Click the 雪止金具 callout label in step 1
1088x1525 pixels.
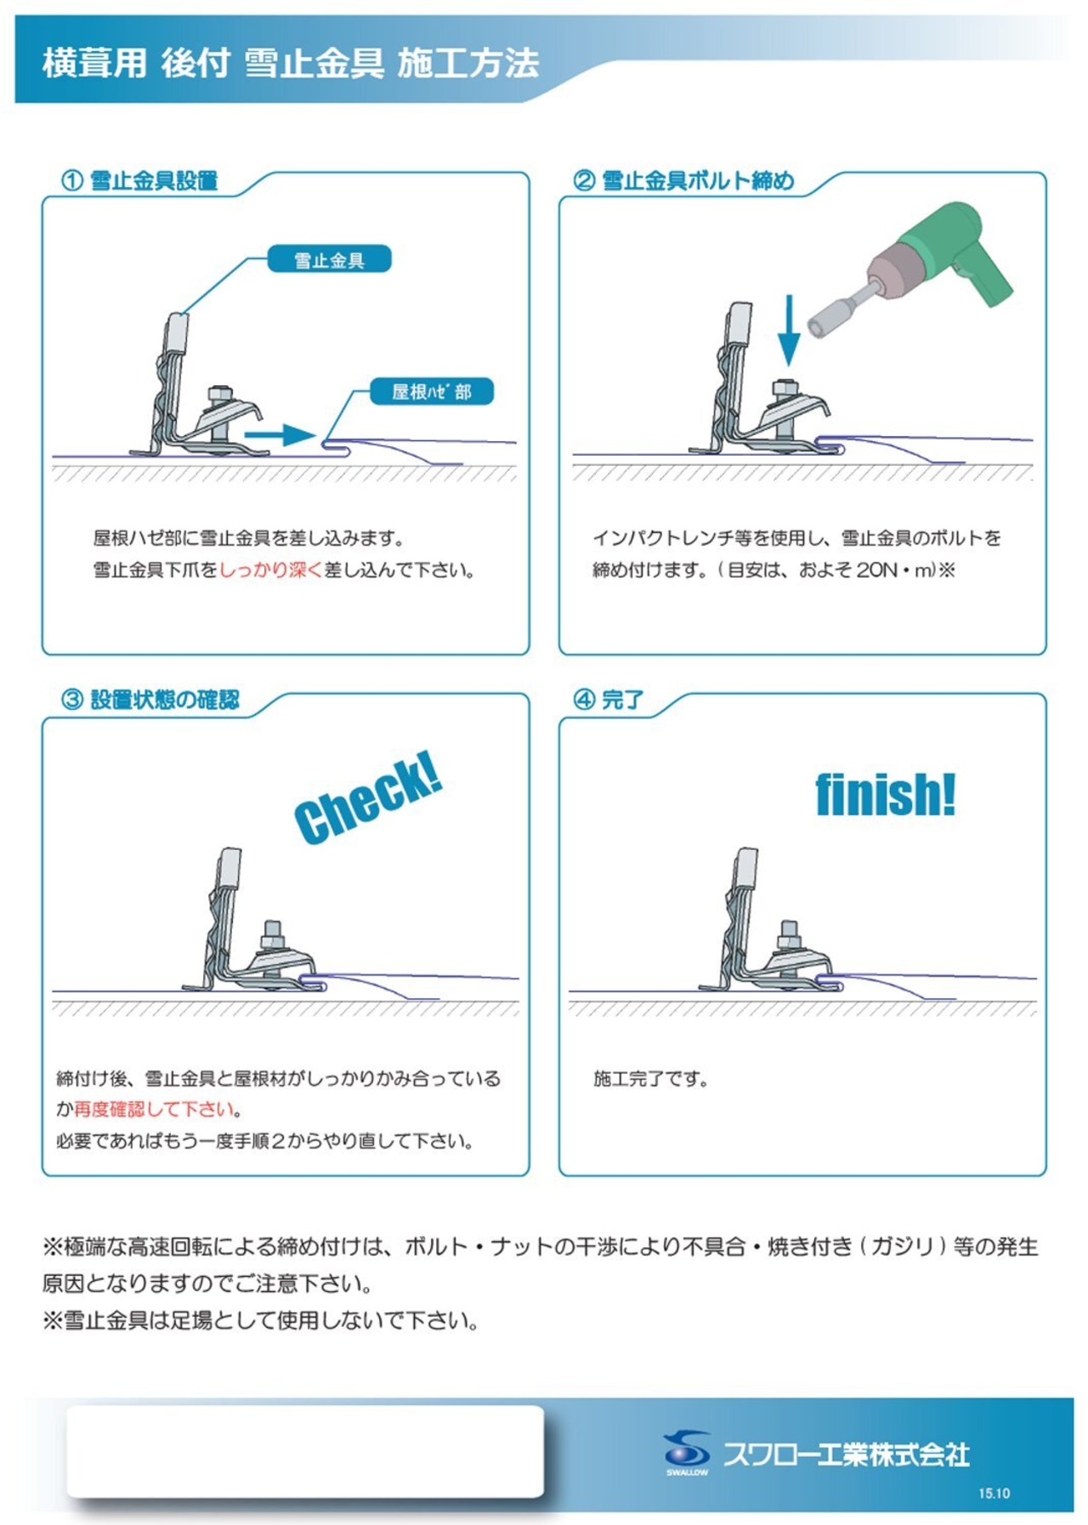pos(329,260)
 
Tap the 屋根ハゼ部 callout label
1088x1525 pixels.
pos(432,392)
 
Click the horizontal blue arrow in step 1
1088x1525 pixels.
pos(280,435)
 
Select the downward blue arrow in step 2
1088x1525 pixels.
pos(789,331)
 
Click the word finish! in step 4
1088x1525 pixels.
pos(886,795)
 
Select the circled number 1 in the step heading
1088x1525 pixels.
pos(72,181)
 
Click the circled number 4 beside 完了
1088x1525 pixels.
pos(584,700)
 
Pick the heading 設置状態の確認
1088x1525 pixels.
pos(165,700)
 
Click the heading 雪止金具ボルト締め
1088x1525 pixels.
pos(698,181)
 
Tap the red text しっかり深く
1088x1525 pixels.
pos(271,570)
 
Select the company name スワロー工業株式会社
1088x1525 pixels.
pos(847,1454)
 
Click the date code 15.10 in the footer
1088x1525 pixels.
pos(994,1494)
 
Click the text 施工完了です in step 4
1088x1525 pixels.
pos(651,1079)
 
